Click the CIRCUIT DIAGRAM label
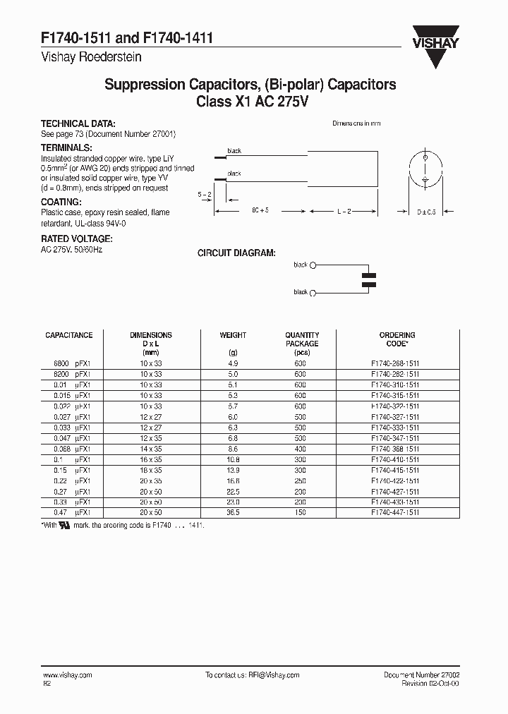236,253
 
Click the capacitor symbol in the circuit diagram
368,279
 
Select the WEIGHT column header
233,335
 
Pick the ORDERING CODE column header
397,339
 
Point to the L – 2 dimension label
344,211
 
